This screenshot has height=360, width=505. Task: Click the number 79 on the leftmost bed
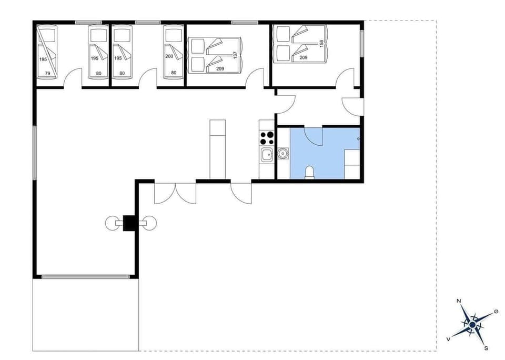47,74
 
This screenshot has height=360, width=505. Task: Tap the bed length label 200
169,56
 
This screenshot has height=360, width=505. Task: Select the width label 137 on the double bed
236,54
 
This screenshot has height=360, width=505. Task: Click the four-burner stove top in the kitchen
267,137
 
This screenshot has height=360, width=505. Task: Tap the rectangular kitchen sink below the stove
266,154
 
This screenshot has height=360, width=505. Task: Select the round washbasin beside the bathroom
283,154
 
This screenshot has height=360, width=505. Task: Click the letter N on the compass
459,301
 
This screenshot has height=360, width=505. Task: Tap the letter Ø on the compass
496,312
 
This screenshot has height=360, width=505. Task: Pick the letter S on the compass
486,348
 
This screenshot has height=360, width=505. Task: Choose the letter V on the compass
448,339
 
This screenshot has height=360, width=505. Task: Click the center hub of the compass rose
472,326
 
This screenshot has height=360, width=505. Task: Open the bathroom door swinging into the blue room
315,136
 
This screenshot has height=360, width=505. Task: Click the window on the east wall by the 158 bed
362,43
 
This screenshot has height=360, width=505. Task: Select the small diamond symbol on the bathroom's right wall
358,138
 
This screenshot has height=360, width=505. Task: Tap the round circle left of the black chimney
112,223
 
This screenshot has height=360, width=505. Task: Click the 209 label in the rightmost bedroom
304,57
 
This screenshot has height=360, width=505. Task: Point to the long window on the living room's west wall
35,153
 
